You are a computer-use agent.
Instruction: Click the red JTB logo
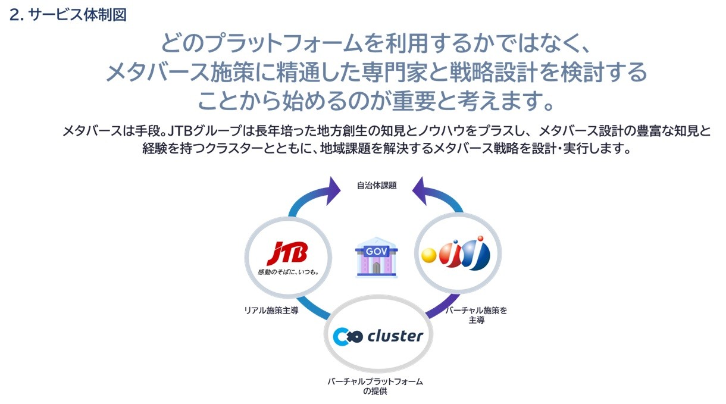pyautogui.click(x=287, y=253)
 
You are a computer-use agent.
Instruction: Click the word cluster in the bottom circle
pyautogui.click(x=395, y=336)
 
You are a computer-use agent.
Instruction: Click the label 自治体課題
pyautogui.click(x=377, y=186)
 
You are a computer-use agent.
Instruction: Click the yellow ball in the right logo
pyautogui.click(x=430, y=255)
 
